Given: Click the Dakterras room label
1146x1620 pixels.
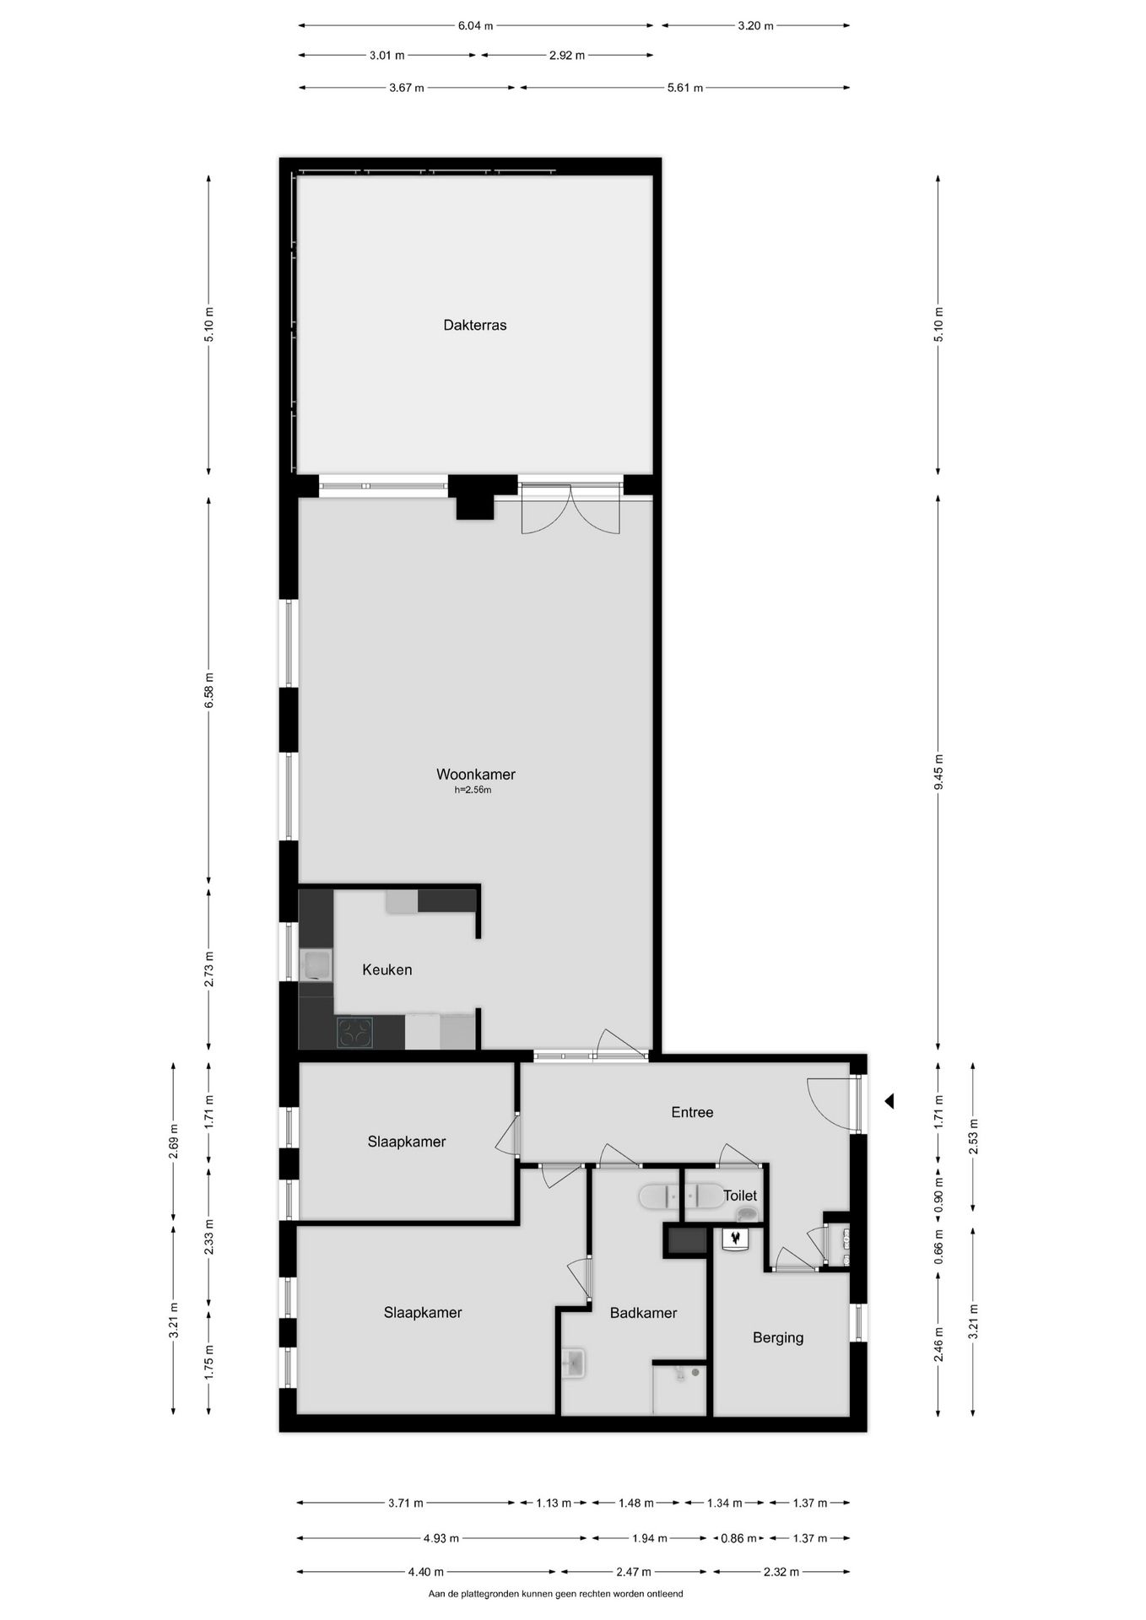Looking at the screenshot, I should point(474,325).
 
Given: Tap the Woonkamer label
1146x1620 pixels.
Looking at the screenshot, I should point(475,774).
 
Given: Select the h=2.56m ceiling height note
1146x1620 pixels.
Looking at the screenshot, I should point(473,791).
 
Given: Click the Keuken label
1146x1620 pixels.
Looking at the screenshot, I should point(387,969).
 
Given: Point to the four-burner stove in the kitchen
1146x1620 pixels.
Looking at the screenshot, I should point(354,1033).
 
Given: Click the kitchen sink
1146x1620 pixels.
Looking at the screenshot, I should point(316,964).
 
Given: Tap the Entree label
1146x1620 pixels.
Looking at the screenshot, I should point(692,1112).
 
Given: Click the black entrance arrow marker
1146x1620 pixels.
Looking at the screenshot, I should point(888,1101).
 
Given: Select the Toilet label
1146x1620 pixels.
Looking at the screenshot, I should point(740,1196).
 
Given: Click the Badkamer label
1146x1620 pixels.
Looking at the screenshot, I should point(643,1313).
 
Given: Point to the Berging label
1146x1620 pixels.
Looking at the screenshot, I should point(777,1337).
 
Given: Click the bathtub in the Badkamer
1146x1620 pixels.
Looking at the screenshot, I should point(681,1196).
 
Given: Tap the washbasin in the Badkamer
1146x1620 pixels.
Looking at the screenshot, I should point(574,1362).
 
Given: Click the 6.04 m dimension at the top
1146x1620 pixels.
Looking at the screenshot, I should point(475,25).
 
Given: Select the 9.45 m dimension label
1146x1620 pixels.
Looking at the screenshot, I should point(938,771).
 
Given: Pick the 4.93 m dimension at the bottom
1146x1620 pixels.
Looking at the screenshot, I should point(441,1538).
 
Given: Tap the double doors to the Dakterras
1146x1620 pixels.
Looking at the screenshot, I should point(570,509).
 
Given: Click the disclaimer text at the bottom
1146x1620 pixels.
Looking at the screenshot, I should point(555,1594).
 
